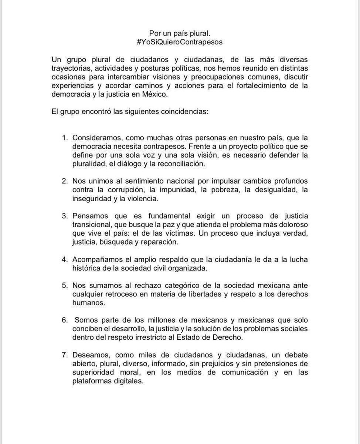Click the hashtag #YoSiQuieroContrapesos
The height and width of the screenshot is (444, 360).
tap(180, 42)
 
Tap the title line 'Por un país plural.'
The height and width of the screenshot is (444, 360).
tap(180, 33)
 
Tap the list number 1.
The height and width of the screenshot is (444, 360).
tap(64, 138)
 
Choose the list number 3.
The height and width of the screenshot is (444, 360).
tap(64, 216)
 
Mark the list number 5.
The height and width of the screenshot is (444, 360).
tap(64, 286)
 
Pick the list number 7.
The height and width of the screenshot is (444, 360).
tap(64, 355)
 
